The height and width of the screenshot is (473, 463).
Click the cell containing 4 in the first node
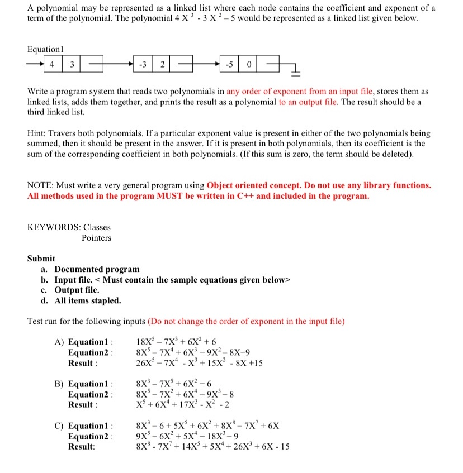click(x=51, y=63)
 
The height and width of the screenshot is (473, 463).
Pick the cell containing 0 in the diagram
click(x=249, y=63)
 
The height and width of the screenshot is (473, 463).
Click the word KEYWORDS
click(x=53, y=227)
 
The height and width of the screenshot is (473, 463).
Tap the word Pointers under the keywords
click(x=96, y=238)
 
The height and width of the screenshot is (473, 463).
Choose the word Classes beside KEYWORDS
click(x=97, y=227)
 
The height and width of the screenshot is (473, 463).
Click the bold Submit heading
click(x=41, y=259)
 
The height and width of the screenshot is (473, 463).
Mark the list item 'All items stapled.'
click(x=87, y=300)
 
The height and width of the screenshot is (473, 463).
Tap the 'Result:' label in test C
click(x=82, y=447)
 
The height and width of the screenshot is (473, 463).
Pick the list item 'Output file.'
click(x=77, y=290)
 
